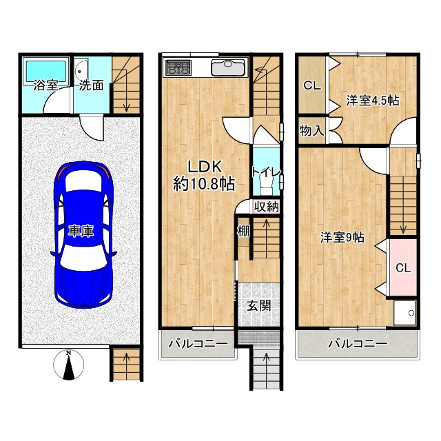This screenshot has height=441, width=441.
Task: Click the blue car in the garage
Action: (83, 235)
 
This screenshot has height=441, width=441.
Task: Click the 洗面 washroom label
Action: (91, 85)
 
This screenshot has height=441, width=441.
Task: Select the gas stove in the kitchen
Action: (178, 68)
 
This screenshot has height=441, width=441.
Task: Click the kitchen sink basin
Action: (228, 68)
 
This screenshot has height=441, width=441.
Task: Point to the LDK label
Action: (205, 167)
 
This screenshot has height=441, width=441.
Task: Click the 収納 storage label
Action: (266, 207)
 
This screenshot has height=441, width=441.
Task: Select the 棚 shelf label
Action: (243, 232)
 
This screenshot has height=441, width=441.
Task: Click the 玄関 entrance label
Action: (259, 306)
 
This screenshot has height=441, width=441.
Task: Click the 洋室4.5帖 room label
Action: (372, 101)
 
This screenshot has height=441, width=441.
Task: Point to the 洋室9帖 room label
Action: (342, 237)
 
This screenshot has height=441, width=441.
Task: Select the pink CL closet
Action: (402, 267)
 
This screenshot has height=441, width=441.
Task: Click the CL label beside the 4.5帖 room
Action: (312, 85)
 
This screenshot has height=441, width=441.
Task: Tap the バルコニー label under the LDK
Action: (198, 344)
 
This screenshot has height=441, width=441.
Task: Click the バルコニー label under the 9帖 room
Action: (358, 343)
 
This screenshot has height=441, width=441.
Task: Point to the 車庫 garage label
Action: (81, 232)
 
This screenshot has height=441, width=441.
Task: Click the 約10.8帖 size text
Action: (204, 185)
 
